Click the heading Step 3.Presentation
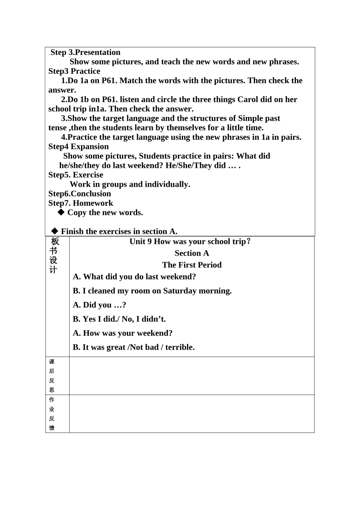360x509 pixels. (x=85, y=52)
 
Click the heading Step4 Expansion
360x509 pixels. (x=78, y=147)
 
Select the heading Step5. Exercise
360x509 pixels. (x=76, y=175)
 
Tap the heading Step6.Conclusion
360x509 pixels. (x=80, y=194)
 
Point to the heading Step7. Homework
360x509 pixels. (x=81, y=203)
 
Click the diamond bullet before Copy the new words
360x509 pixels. (x=61, y=212)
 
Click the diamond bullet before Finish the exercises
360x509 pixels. (x=55, y=231)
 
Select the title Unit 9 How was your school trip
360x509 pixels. (x=190, y=242)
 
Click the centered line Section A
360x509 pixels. (x=192, y=253)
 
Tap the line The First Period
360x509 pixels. (x=192, y=265)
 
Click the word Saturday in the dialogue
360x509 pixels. (x=182, y=291)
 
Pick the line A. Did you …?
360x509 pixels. (x=99, y=305)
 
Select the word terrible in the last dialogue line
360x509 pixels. (x=180, y=347)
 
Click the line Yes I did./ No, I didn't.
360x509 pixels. (x=119, y=319)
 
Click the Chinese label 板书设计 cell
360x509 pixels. (x=54, y=256)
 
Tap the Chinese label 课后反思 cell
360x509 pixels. (x=52, y=376)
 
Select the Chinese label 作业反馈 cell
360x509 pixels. (x=52, y=414)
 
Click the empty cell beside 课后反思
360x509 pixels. (x=192, y=376)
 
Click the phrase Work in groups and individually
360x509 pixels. (x=130, y=184)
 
